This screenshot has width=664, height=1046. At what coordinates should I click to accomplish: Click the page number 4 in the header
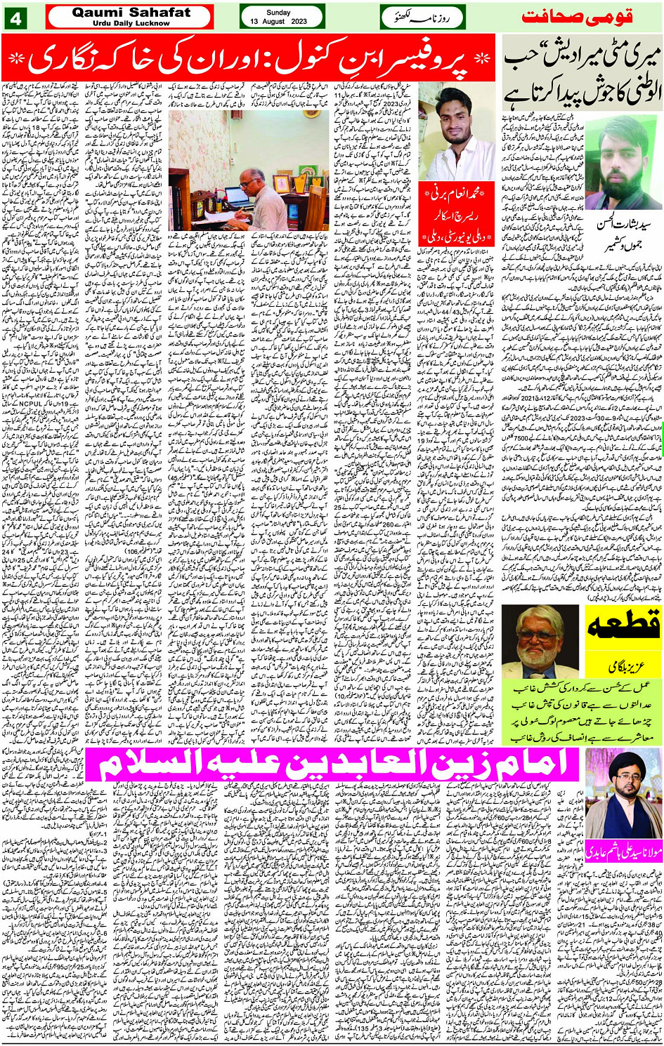click(15, 17)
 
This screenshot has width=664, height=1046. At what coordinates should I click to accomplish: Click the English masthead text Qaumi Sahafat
click(131, 12)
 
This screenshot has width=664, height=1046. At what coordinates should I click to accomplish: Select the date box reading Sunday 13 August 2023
click(281, 17)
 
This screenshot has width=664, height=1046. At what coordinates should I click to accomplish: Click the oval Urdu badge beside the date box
click(421, 18)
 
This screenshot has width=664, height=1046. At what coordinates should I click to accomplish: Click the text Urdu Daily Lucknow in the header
click(131, 23)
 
